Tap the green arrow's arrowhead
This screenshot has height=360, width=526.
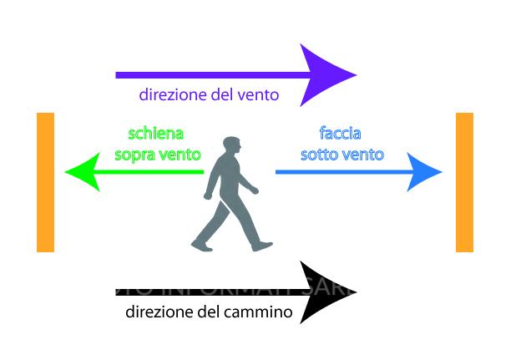[82, 173]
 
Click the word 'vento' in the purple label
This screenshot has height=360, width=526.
[256, 95]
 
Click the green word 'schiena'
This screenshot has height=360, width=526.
[155, 134]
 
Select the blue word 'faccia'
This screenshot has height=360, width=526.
[341, 134]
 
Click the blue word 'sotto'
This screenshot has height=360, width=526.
[318, 155]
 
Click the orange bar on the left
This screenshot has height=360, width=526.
[45, 182]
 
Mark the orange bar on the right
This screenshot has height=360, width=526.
[464, 182]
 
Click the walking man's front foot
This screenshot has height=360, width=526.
[263, 246]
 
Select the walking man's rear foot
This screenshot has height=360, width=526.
[201, 246]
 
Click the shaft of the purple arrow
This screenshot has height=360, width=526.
[209, 74]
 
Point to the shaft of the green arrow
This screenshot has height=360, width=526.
[150, 173]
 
